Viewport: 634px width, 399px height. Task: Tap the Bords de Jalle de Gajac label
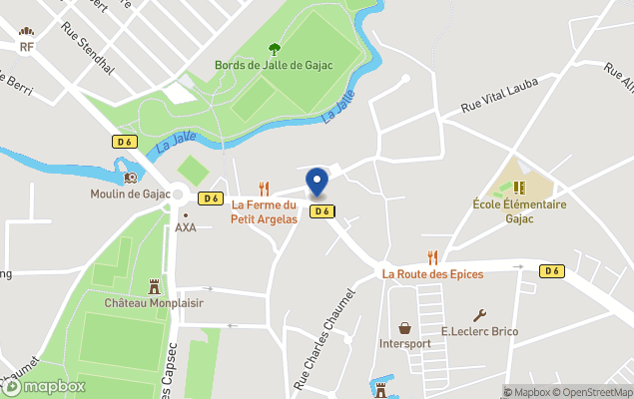click(x=274, y=66)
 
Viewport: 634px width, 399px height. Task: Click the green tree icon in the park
click(x=274, y=48)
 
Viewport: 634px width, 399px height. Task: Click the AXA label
click(x=186, y=227)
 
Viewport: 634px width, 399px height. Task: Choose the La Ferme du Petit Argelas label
click(x=265, y=212)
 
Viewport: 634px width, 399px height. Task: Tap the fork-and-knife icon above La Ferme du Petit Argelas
click(x=265, y=188)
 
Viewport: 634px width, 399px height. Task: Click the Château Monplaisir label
click(x=153, y=302)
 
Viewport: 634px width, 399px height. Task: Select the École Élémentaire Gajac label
click(x=519, y=210)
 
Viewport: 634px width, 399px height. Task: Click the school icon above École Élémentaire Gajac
click(x=519, y=187)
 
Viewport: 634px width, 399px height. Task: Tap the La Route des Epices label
click(x=432, y=274)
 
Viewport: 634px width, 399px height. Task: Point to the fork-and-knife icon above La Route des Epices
click(x=432, y=257)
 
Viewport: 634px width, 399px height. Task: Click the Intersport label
click(x=405, y=344)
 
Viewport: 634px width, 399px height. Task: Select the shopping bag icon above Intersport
click(x=405, y=327)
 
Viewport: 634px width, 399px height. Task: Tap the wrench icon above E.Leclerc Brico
click(x=479, y=315)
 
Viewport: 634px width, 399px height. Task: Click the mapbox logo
click(x=44, y=386)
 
